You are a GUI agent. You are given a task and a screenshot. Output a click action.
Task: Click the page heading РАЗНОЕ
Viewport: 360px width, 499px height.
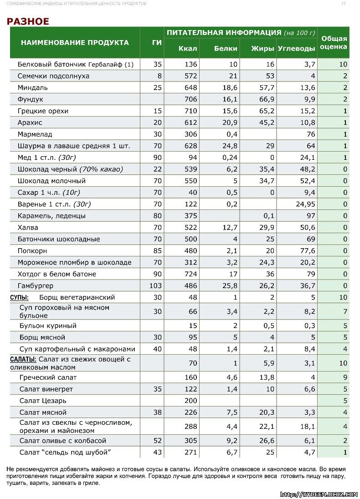[28, 21]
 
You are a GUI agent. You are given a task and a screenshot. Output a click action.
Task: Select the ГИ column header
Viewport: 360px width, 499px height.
[157, 43]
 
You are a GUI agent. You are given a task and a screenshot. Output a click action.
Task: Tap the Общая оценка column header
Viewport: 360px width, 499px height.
[334, 43]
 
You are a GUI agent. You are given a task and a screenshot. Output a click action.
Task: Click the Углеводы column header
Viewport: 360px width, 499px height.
[296, 49]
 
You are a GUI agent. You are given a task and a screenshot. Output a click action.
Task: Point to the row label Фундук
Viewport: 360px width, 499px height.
[30, 99]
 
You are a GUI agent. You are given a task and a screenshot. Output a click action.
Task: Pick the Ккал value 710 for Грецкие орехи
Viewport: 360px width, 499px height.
[190, 111]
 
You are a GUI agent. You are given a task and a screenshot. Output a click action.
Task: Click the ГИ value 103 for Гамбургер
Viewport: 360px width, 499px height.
[155, 285]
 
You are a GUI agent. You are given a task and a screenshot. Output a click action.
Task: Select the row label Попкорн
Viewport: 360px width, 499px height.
[32, 251]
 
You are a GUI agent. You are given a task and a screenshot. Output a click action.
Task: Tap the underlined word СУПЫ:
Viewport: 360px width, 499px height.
[19, 298]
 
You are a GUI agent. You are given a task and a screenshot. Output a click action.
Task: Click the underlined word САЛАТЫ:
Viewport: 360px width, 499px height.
[23, 359]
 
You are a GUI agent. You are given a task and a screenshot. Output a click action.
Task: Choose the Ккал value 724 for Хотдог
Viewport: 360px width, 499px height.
[190, 274]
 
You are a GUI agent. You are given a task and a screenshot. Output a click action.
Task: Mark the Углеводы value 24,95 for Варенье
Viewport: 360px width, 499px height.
[305, 204]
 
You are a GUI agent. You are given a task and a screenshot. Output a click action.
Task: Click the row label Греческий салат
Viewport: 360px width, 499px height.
[48, 377]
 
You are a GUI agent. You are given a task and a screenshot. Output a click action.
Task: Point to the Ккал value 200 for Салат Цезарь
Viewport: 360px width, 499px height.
[190, 401]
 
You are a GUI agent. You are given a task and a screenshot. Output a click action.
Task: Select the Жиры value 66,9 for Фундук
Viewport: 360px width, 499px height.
[267, 99]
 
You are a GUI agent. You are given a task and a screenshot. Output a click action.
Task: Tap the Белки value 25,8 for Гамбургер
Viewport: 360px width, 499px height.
[230, 285]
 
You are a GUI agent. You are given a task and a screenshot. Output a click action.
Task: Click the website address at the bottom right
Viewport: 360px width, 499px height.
[319, 494]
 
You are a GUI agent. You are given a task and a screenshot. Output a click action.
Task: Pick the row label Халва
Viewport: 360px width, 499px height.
[28, 228]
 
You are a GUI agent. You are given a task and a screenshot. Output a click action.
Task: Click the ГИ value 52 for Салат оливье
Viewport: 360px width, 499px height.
[157, 441]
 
